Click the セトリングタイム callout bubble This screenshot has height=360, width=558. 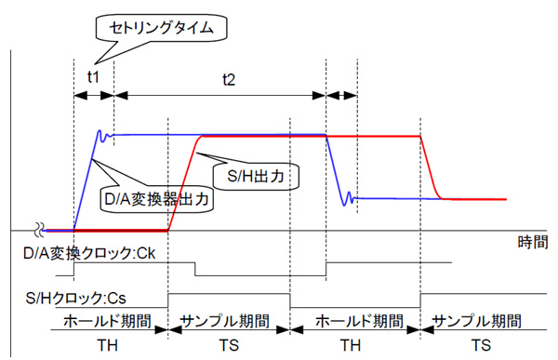click(x=161, y=28)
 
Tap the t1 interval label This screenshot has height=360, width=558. click(x=93, y=76)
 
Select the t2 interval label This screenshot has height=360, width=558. click(x=229, y=79)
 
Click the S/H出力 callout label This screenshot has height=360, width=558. click(x=256, y=176)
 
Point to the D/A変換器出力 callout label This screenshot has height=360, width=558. click(x=157, y=199)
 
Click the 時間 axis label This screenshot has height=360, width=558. click(x=532, y=243)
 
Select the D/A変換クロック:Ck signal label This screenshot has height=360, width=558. click(x=89, y=254)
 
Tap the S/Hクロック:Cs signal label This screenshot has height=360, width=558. click(x=76, y=298)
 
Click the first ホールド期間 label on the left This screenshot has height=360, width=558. click(x=107, y=321)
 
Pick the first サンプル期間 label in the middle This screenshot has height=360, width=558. click(x=225, y=321)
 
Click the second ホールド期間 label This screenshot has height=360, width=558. click(x=359, y=321)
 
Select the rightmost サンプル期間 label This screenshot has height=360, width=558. click(x=477, y=321)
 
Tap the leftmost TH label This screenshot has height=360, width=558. click(x=107, y=345)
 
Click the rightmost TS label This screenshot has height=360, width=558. click(x=481, y=345)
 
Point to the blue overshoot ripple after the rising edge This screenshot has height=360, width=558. click(x=104, y=136)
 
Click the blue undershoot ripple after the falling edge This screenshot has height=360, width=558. click(x=348, y=199)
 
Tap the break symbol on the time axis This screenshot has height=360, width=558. click(x=39, y=230)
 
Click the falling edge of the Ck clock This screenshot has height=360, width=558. click(x=195, y=269)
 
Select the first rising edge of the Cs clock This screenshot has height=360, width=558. click(x=168, y=300)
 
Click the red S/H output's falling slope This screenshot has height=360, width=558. click(x=432, y=167)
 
